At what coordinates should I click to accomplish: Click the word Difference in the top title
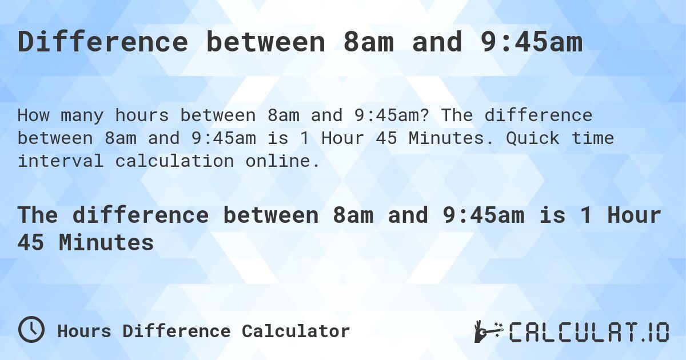[103, 43]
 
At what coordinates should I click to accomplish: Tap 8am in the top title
[369, 43]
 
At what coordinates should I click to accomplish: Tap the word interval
[61, 161]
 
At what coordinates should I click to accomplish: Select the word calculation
[174, 161]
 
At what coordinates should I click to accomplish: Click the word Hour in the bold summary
[634, 215]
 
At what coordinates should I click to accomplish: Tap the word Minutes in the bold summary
[106, 243]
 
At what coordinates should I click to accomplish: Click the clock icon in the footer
[31, 330]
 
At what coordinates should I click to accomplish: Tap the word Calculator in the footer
[296, 331]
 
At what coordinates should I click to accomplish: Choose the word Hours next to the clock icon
[85, 331]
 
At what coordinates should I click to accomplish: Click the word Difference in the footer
[177, 331]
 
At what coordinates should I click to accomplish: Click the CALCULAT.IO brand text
[589, 332]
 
